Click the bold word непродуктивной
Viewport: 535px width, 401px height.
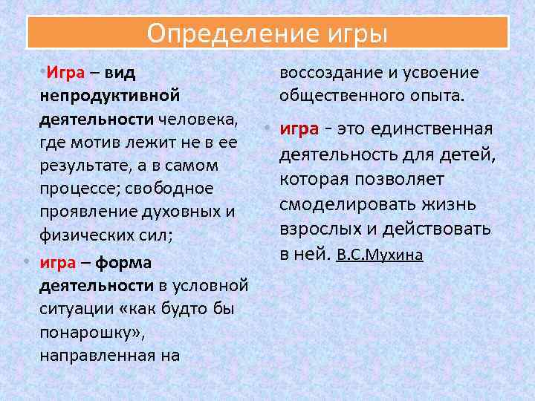pyautogui.click(x=110, y=97)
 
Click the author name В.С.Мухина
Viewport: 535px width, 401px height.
pyautogui.click(x=380, y=255)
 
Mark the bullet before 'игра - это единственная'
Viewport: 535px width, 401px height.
pyautogui.click(x=266, y=129)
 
